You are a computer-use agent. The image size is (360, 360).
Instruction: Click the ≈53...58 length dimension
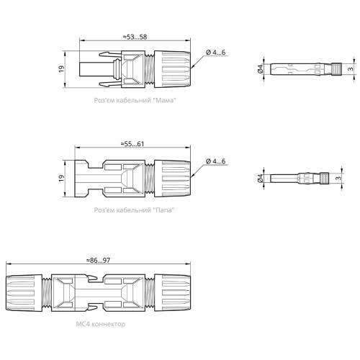[135, 37]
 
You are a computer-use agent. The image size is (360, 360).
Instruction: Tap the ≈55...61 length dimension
[132, 144]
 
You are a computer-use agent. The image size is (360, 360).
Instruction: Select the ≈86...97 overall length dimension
[98, 260]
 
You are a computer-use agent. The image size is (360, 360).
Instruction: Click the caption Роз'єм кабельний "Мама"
[135, 100]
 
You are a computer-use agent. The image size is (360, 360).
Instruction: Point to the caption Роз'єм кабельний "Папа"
[134, 210]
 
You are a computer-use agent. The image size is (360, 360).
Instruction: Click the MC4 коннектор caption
[101, 324]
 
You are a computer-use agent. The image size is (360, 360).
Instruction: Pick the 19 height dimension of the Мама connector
[62, 69]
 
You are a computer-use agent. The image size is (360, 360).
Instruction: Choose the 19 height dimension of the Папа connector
[62, 178]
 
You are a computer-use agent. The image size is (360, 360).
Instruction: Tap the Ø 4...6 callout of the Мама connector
[216, 53]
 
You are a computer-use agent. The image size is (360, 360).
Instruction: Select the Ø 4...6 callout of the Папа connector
[216, 161]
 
